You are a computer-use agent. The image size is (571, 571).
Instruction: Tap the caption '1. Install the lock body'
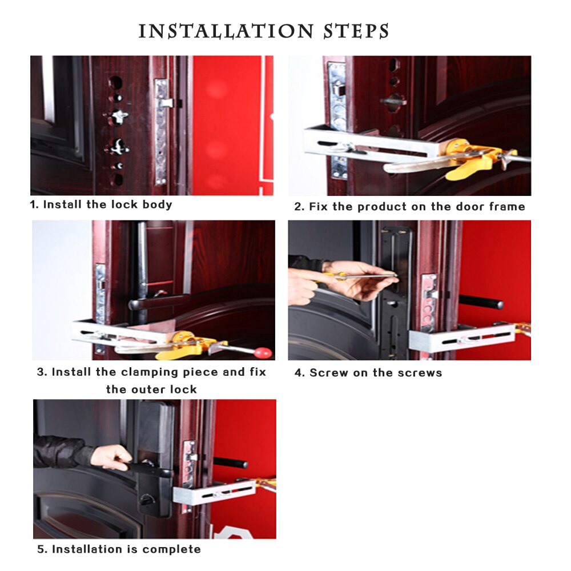coord(101,204)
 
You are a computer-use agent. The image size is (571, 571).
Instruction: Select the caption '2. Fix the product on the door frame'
coord(409,207)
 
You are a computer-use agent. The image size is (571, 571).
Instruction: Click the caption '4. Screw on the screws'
coord(368,373)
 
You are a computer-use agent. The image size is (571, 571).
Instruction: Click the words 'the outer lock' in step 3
coord(151,389)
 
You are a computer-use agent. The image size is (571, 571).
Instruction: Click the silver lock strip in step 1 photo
coord(161,131)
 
